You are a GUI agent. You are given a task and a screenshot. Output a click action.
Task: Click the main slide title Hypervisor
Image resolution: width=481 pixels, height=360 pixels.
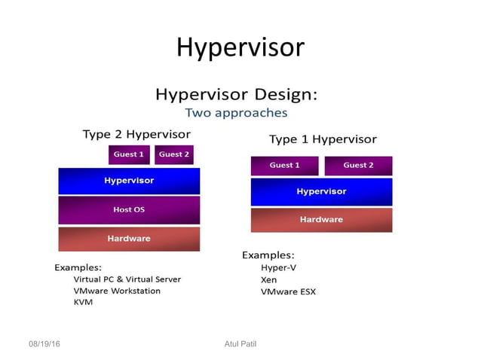[x=240, y=47]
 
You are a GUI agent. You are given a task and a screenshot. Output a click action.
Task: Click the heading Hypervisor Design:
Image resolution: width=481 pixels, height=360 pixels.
[x=236, y=95]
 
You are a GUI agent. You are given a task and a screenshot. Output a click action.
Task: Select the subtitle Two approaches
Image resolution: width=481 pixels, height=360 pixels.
[x=236, y=113]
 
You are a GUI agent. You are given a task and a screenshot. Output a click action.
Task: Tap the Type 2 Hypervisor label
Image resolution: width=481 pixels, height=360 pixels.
[x=136, y=134]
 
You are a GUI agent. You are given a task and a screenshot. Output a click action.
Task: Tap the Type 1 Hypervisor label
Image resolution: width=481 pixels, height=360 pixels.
[x=323, y=139]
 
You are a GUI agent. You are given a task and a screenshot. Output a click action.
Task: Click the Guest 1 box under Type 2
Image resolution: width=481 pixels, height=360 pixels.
[x=129, y=154]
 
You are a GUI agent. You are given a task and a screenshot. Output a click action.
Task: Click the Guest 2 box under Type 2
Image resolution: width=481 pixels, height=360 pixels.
[x=174, y=154]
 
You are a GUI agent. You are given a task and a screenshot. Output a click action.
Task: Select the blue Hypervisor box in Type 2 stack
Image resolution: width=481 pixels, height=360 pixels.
[x=129, y=181]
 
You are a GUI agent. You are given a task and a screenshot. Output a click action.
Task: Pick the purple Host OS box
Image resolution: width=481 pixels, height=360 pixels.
[x=129, y=209]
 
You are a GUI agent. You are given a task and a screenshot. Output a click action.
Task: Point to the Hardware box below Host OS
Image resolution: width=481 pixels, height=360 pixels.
[x=129, y=239]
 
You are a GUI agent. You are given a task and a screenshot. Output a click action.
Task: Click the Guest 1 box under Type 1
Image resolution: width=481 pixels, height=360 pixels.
[x=284, y=166]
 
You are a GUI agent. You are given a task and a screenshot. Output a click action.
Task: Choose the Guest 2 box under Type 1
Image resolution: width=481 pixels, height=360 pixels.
[x=358, y=166]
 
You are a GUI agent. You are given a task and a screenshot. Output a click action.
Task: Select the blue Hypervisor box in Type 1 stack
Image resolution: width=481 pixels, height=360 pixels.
[x=321, y=191]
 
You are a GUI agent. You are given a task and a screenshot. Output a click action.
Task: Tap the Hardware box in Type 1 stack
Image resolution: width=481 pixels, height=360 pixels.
[x=321, y=220]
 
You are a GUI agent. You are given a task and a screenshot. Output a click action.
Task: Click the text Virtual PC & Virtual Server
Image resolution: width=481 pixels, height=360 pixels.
[x=127, y=279]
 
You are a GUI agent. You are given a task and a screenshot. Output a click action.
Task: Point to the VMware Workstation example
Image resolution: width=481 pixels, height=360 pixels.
[x=116, y=291]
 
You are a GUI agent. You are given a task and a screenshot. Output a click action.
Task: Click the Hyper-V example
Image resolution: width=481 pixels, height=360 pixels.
[x=278, y=267]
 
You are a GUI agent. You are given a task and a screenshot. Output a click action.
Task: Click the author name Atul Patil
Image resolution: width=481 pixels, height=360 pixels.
[x=240, y=344]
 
